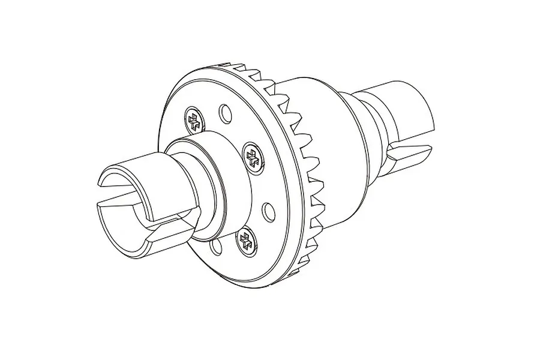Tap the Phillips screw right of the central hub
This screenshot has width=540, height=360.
pyautogui.click(x=253, y=157)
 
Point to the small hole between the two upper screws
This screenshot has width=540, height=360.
pyautogui.click(x=225, y=112)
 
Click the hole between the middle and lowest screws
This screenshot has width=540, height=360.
pyautogui.click(x=268, y=210)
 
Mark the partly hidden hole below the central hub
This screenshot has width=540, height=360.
pyautogui.click(x=215, y=248)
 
